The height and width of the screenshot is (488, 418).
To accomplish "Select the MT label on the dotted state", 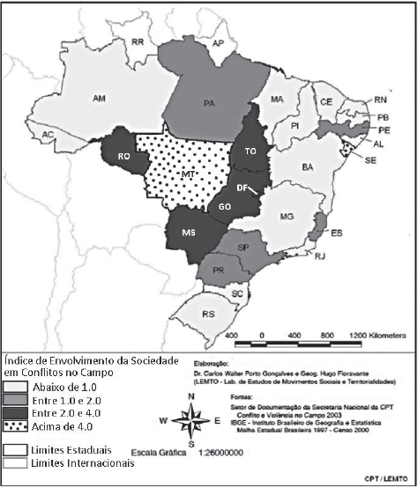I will (x=188, y=175).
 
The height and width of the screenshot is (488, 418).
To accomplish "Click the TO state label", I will (x=250, y=152).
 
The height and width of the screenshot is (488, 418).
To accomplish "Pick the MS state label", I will (x=189, y=232).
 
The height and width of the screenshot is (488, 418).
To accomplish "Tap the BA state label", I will (x=308, y=166).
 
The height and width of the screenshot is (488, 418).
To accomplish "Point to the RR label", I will (x=138, y=41).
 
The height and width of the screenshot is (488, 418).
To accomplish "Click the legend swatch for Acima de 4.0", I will (x=15, y=431).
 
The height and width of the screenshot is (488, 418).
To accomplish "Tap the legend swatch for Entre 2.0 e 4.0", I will (x=15, y=416).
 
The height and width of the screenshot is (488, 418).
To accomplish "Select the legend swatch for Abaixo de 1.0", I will (x=15, y=386).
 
